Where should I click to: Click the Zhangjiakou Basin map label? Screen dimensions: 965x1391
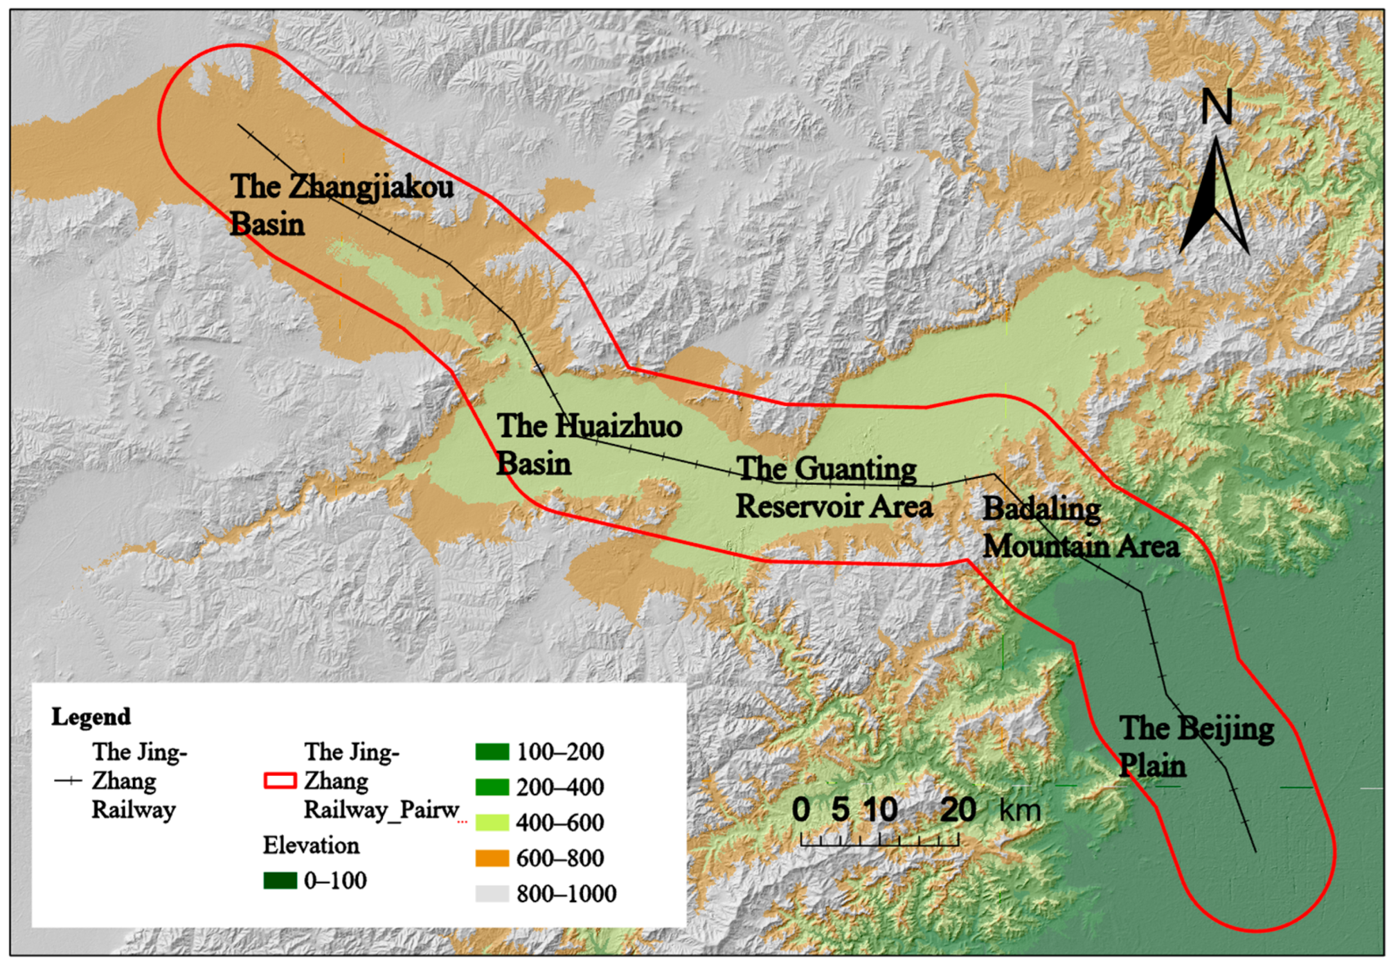(341, 205)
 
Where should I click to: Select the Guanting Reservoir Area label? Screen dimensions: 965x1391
(833, 487)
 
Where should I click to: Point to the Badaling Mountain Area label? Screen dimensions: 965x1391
(1080, 527)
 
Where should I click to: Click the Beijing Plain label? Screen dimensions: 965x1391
(1196, 747)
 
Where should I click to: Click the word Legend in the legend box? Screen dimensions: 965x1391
(91, 717)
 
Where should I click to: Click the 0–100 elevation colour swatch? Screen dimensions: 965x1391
(279, 881)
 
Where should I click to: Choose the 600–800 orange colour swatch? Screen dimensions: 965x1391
(492, 858)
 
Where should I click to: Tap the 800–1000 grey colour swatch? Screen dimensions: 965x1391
(492, 893)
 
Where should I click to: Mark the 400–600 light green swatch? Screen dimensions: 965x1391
(492, 823)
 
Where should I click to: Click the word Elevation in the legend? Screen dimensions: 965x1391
(311, 845)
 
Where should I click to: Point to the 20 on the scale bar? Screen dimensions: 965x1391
(957, 809)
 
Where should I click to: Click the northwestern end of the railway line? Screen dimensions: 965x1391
(238, 125)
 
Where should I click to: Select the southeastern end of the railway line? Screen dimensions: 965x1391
(1255, 851)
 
